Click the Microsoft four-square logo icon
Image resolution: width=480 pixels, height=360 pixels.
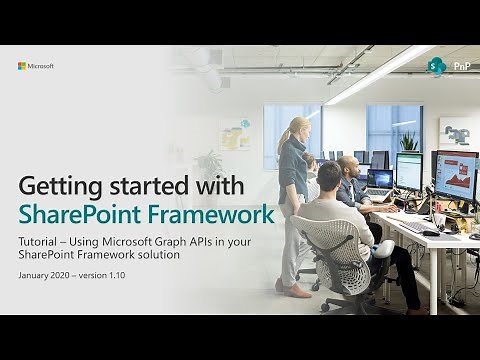(22, 66)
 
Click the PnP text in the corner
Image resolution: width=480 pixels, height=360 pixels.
(462, 66)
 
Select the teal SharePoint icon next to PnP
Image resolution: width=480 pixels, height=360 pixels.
(437, 67)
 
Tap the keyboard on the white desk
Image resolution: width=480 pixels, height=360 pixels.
(416, 228)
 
